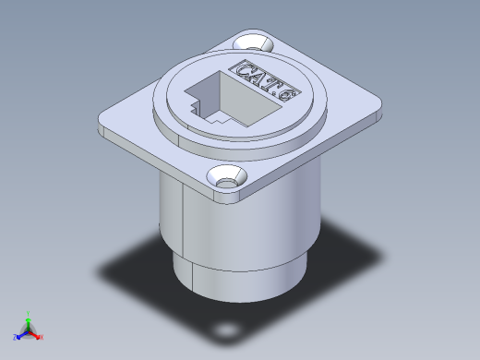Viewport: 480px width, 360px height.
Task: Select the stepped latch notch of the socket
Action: coord(197,113)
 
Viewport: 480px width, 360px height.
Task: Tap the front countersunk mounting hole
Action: coord(225,178)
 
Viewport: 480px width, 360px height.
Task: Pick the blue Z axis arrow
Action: coord(21,333)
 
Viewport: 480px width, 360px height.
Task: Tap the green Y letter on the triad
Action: coord(29,312)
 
